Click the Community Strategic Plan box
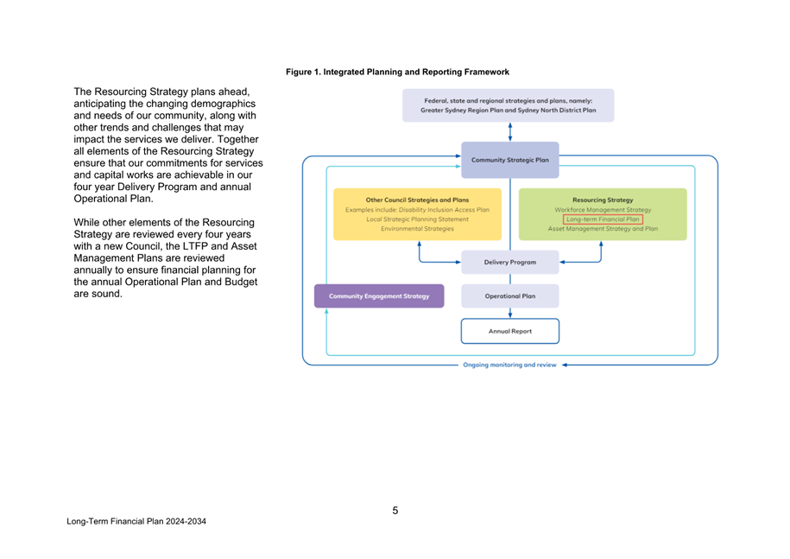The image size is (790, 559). (509, 160)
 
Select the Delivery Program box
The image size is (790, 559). (509, 262)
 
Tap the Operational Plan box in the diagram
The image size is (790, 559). (509, 296)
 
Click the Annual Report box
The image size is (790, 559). (509, 331)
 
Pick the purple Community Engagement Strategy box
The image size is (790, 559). (379, 296)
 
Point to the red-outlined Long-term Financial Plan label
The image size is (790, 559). (603, 219)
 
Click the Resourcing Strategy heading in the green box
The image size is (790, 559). (603, 200)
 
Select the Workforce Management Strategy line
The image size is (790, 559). (603, 210)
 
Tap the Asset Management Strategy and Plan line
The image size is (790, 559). (603, 229)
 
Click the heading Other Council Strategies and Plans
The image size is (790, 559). (417, 200)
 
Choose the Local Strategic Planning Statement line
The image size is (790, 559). (417, 219)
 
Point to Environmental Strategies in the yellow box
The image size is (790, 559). (417, 229)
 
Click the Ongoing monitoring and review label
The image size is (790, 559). (509, 365)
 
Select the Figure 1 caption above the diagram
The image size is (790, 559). (397, 72)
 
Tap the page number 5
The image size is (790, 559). (395, 511)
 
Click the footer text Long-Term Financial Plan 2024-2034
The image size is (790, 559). (136, 523)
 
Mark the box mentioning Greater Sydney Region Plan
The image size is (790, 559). (508, 105)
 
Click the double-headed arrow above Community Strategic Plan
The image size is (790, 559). (510, 131)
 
